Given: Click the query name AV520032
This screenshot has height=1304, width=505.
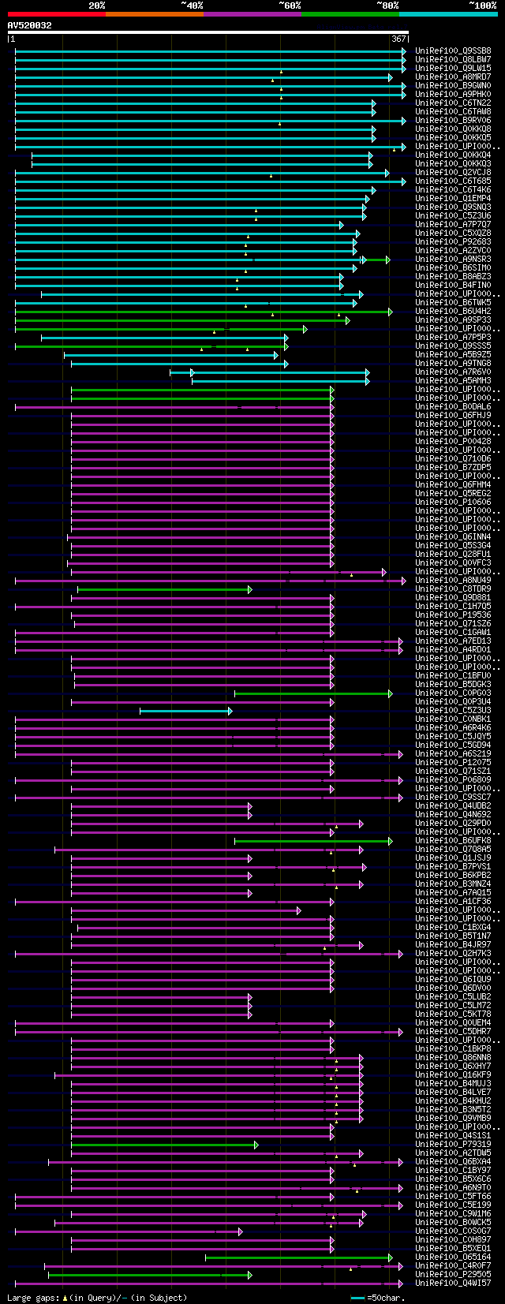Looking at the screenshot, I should pyautogui.click(x=30, y=25).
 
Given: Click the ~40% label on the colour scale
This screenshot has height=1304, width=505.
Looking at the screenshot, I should pyautogui.click(x=193, y=6).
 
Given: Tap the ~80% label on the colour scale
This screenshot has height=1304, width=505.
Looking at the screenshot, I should pyautogui.click(x=388, y=6).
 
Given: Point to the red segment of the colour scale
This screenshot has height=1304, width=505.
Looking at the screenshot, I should pyautogui.click(x=56, y=13).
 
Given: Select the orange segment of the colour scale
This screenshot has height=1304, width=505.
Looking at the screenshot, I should pyautogui.click(x=154, y=13).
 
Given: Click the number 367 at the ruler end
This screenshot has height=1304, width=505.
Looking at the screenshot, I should pyautogui.click(x=398, y=39).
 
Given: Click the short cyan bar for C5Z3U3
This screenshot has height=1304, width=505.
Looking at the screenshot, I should pyautogui.click(x=185, y=711).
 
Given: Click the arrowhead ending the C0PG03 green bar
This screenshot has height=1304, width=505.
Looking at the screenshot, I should pyautogui.click(x=390, y=693).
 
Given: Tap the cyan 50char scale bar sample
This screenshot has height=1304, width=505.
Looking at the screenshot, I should pyautogui.click(x=358, y=1298).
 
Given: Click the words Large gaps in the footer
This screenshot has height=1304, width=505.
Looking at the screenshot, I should pyautogui.click(x=32, y=1298).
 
